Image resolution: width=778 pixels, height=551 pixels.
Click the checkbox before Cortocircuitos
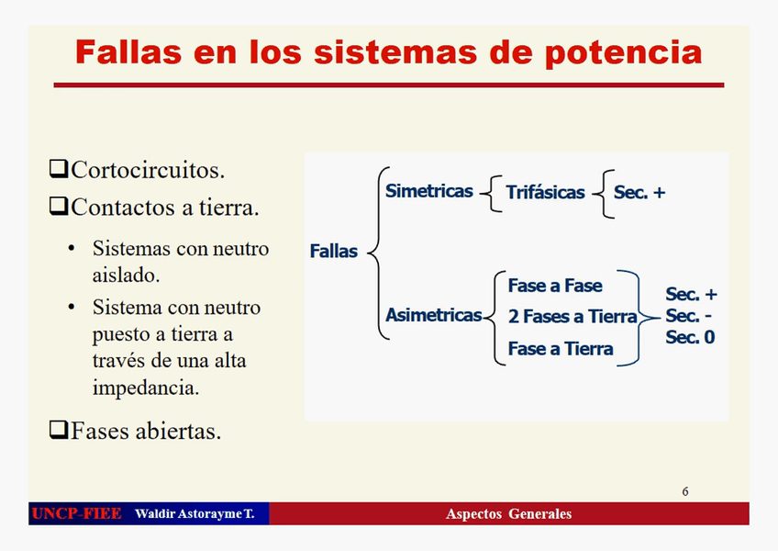click(x=59, y=169)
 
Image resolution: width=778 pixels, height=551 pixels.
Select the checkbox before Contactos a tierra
click(x=59, y=207)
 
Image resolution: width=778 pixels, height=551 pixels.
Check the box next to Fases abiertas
click(x=59, y=429)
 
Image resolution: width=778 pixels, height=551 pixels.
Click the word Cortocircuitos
click(x=147, y=170)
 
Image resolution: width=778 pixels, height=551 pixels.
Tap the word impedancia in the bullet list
click(x=146, y=387)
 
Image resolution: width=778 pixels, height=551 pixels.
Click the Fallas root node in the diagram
click(x=334, y=251)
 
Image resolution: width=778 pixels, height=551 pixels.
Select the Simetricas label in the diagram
click(x=429, y=192)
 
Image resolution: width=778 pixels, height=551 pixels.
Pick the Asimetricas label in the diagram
click(x=433, y=316)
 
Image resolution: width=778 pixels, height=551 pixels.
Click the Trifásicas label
click(x=545, y=193)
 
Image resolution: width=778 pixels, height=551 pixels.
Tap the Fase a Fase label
click(x=555, y=286)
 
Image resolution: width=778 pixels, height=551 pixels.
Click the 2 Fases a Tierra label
click(x=572, y=317)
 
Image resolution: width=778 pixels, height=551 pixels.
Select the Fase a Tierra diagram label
click(x=561, y=349)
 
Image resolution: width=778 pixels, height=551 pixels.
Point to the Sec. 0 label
click(x=690, y=337)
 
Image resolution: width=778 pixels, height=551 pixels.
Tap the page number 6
click(x=685, y=491)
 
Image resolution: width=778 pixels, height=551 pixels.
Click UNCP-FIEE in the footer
click(x=76, y=513)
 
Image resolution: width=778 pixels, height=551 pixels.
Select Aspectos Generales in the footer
click(x=508, y=513)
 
